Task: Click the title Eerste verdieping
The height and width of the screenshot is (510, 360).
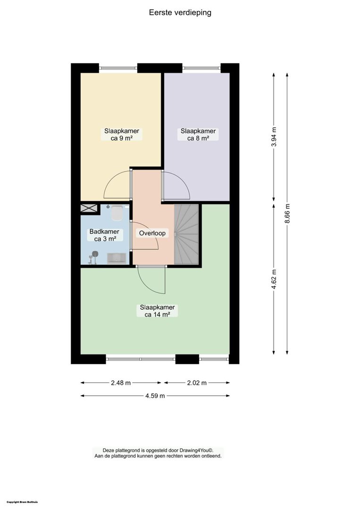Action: point(180,12)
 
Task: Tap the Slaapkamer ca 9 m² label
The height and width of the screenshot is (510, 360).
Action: point(122,135)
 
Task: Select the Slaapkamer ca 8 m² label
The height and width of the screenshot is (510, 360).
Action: point(198,135)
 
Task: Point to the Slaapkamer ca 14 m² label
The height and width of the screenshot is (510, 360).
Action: point(157,311)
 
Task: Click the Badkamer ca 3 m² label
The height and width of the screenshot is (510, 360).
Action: point(104,235)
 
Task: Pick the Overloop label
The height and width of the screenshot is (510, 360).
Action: point(152,233)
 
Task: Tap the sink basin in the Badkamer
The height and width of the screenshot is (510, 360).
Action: point(117,258)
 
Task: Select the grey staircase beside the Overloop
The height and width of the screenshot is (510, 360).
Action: point(186,234)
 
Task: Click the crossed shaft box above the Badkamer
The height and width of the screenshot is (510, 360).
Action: point(89,208)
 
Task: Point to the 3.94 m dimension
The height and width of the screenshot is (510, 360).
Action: point(274,136)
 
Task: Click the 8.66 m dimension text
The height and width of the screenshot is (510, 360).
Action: point(287,213)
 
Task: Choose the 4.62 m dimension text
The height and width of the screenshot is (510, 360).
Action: point(274,279)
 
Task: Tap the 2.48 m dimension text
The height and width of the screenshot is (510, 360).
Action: point(121,383)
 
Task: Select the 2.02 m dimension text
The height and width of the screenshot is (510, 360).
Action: point(197,383)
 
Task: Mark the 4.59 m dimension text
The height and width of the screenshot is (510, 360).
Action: point(155,396)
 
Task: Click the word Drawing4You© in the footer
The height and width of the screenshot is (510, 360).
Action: point(197,450)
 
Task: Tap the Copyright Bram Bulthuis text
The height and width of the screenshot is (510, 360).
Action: point(22,502)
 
